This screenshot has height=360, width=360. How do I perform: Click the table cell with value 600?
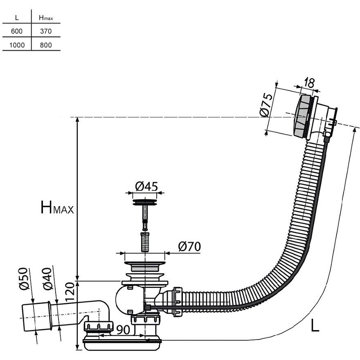17,31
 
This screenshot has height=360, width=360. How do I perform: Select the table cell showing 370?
46,31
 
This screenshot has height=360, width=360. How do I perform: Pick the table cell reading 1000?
17,45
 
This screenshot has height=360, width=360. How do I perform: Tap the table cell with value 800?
46,45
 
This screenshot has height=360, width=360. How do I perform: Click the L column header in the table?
17,18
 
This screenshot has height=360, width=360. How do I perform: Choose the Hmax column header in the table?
46,18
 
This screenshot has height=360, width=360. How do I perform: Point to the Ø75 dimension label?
266,105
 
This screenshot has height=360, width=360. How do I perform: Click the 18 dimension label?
309,83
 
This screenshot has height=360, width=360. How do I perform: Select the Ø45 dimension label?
146,186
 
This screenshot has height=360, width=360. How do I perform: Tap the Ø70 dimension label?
189,247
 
